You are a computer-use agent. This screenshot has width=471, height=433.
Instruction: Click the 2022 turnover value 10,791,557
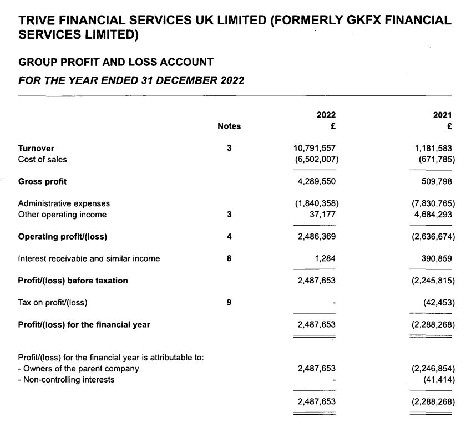coord(315,149)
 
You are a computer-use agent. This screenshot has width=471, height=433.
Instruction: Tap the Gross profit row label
coord(42,181)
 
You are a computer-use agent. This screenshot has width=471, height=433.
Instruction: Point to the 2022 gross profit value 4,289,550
coord(317,181)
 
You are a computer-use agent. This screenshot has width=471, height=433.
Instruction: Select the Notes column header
coord(229,126)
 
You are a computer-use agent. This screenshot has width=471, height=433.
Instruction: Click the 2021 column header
coord(443,115)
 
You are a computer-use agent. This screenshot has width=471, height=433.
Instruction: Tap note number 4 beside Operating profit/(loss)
coord(229,237)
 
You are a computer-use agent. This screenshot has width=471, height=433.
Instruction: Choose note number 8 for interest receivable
coord(229,258)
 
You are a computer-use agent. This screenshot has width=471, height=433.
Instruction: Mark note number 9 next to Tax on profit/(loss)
coord(229,302)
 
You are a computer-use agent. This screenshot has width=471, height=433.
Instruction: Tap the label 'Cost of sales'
coord(42,160)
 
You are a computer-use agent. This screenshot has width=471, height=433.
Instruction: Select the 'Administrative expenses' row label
coord(64,203)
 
